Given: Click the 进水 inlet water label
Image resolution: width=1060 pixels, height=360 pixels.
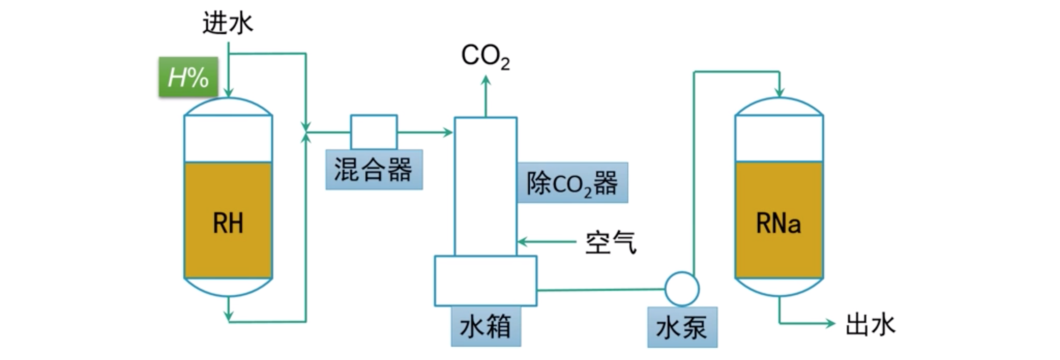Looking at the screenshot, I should coord(227,23).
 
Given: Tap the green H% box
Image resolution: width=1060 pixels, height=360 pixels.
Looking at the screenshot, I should coord(188,77).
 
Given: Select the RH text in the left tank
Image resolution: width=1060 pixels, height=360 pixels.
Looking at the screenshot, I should coord(228,223).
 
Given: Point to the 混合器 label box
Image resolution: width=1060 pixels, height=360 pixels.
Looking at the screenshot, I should coord(374,169).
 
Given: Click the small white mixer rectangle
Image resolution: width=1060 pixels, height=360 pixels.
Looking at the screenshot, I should coord(374,132).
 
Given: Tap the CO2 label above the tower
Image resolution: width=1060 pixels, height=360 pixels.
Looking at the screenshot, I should coord(486,56).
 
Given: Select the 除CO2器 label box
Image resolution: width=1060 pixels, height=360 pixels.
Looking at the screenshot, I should coord(572,183).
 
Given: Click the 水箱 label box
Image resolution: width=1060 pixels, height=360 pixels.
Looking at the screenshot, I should coord(486,327).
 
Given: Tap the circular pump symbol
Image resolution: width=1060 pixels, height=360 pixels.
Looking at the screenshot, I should coord(682,289).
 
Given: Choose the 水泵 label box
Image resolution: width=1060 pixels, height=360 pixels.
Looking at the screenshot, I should coord(682,328).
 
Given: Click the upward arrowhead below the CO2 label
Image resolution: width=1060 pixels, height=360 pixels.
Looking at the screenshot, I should coord(486,80).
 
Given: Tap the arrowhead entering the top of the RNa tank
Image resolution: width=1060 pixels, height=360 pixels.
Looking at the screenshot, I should coord(779,93).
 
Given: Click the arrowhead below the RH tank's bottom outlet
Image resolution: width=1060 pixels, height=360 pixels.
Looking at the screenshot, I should coord(228,316).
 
